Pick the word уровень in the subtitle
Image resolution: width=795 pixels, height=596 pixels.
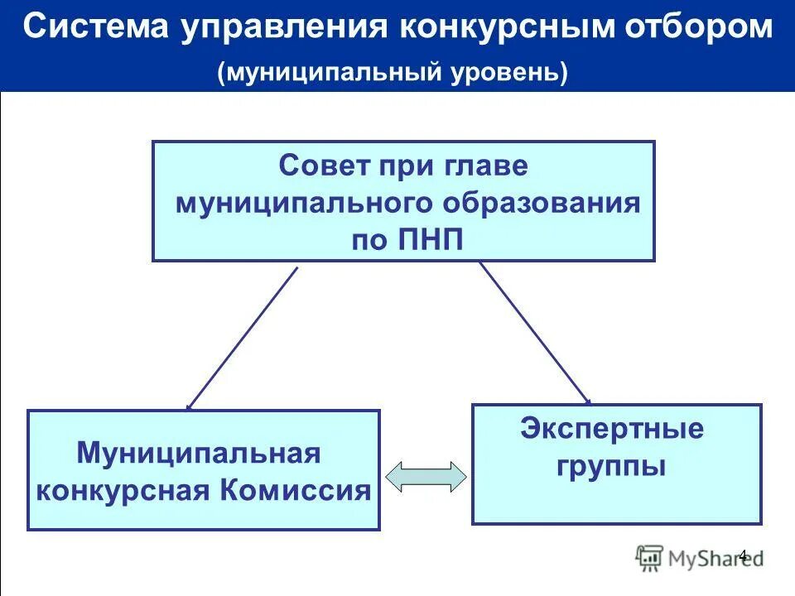[x=507, y=72]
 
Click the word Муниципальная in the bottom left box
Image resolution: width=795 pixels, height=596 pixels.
[x=199, y=453]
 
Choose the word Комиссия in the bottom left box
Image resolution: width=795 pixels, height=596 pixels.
[x=296, y=490]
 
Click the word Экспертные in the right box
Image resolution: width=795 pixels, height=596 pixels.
[x=612, y=429]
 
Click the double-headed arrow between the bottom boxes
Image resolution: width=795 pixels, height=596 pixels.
[x=426, y=478]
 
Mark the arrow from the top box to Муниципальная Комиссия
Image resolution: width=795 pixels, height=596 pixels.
[x=242, y=339]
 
